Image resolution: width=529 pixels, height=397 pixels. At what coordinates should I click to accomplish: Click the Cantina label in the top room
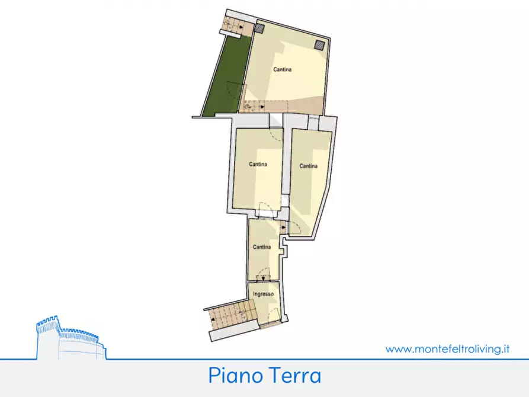282,70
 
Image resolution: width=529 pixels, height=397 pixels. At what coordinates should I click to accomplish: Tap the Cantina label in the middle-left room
257,164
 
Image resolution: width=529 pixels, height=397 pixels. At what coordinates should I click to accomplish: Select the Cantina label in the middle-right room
308,166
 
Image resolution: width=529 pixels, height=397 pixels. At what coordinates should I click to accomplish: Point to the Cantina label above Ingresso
262,246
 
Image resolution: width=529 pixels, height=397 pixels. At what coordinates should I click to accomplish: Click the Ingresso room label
263,294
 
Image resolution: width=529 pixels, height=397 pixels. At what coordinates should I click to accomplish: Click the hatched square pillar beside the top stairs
259,28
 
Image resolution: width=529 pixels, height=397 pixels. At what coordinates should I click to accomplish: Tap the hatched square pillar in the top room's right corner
320,44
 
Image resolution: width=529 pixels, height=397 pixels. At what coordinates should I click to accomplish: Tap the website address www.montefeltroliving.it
447,349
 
